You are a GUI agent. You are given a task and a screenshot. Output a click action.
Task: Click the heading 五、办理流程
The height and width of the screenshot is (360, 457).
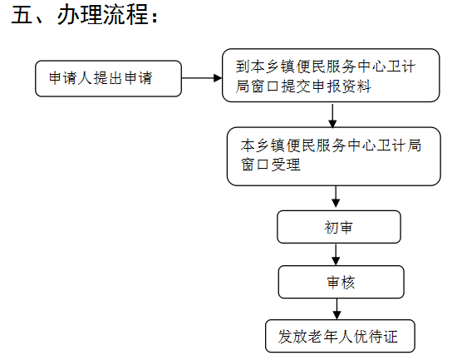[x=85, y=15]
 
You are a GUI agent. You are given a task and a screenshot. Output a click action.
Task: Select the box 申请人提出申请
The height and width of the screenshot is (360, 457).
[x=108, y=78]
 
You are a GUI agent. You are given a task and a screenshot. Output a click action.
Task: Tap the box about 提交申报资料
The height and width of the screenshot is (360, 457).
[x=331, y=76]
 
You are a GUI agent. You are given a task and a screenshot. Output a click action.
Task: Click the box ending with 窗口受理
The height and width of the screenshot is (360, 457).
[x=334, y=156]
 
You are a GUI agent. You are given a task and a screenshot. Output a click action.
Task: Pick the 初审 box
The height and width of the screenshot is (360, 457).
[x=339, y=227]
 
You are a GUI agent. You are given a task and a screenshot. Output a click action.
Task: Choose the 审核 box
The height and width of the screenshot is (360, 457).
[x=341, y=282]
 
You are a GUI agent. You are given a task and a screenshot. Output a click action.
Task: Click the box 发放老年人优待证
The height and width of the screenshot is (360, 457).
[x=340, y=336]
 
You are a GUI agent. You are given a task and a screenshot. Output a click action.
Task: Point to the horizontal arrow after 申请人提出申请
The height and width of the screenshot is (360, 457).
[x=202, y=78]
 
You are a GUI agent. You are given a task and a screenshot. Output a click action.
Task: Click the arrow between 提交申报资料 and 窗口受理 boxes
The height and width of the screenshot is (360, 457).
[x=332, y=116]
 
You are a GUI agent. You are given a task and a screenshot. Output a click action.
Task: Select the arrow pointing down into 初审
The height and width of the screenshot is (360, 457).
[x=336, y=197]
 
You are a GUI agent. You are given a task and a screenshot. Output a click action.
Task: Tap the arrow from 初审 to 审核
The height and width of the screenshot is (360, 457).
[x=336, y=254]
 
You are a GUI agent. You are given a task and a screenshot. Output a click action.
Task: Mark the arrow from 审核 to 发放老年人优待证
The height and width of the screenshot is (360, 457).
[x=337, y=309]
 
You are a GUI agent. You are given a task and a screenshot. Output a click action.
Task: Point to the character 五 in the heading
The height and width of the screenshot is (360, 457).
[x=22, y=15]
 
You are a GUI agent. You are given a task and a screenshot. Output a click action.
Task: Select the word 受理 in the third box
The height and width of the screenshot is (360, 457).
[x=286, y=165]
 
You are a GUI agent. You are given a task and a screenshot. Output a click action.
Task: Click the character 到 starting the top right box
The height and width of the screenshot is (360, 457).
[x=243, y=67]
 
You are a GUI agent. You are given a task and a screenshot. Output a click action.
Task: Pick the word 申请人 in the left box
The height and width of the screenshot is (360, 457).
[x=71, y=78]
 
